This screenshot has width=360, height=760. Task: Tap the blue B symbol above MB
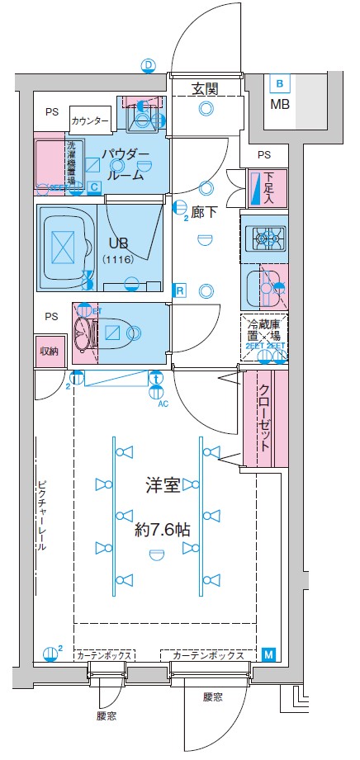280,83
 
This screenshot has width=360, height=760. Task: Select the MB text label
280,104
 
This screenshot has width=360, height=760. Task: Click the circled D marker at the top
149,64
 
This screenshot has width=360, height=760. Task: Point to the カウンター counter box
90,121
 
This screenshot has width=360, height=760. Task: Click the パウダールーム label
126,165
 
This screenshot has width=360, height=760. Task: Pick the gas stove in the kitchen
266,239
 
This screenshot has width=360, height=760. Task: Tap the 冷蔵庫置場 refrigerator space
264,334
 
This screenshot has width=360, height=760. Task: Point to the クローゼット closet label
266,417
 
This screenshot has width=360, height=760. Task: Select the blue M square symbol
269,654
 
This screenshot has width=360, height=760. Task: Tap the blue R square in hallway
178,290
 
